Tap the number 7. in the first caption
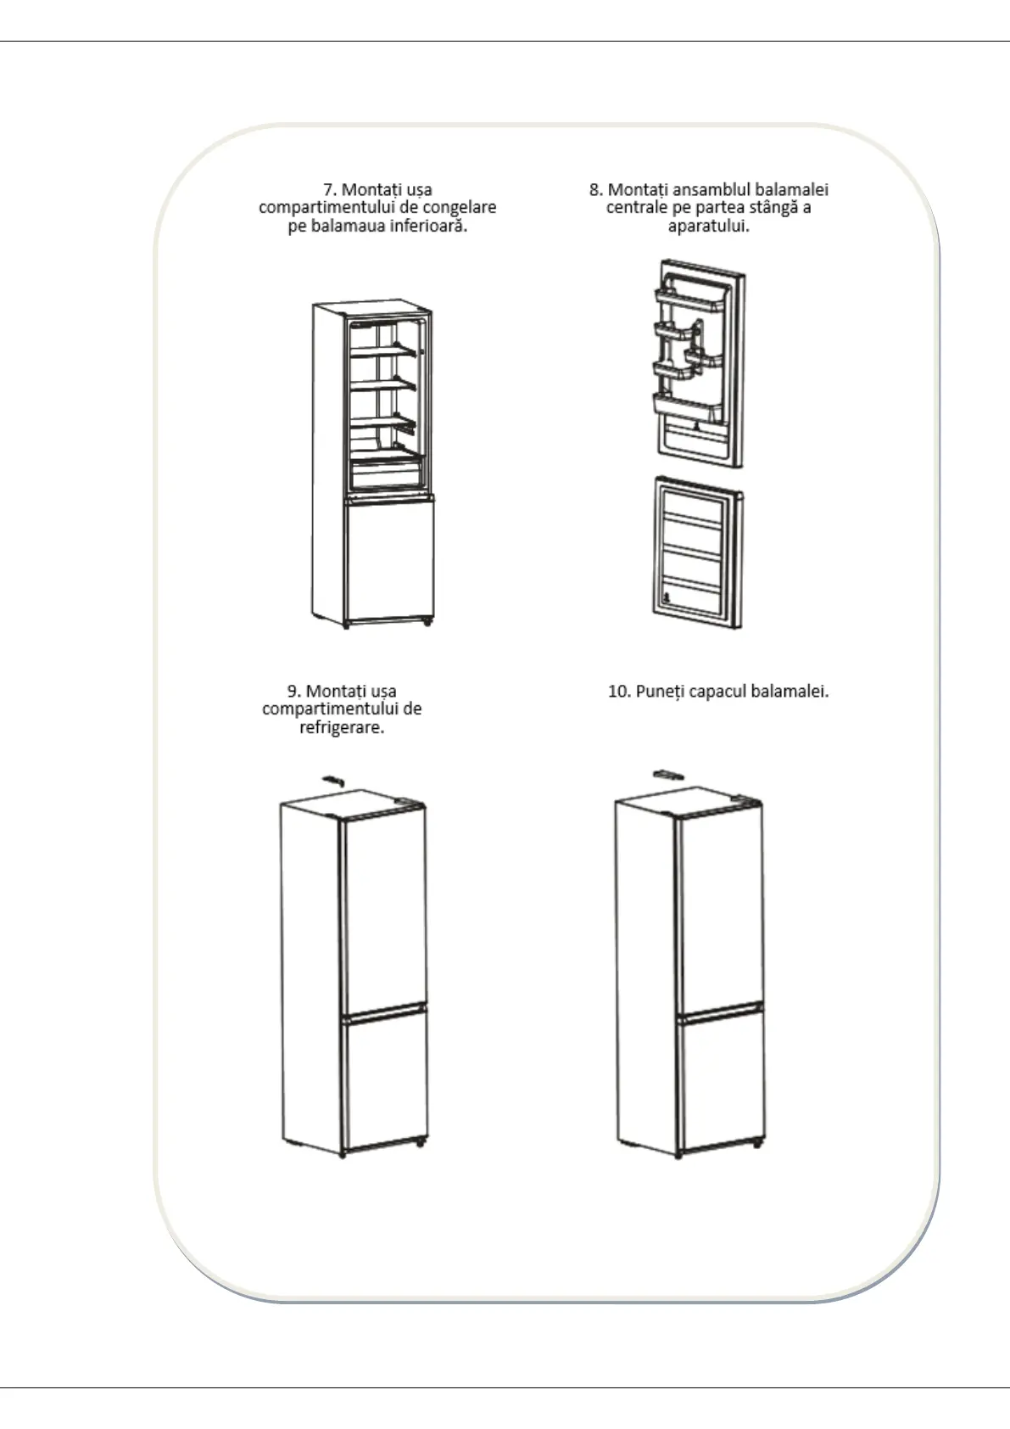pos(330,189)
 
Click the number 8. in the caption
pos(596,189)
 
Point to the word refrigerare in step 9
pos(342,727)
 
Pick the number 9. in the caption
pos(293,691)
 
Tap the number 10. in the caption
pos(619,691)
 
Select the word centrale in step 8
pos(636,207)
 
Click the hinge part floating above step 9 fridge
pos(333,779)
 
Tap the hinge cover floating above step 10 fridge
pos(668,774)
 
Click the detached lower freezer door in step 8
pos(697,552)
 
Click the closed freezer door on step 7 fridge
pos(390,560)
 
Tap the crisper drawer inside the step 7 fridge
pos(386,471)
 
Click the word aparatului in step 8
pos(709,226)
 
